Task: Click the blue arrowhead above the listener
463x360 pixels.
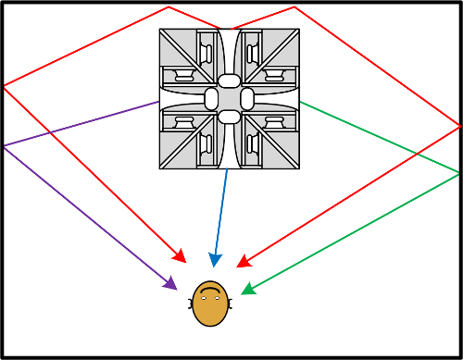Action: tap(214, 259)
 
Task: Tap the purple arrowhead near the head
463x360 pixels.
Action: tap(170, 283)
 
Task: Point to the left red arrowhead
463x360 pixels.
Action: tap(181, 256)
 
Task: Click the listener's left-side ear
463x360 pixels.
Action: tap(192, 303)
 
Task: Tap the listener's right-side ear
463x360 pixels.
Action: tap(229, 303)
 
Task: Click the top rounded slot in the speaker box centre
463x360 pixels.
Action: tap(229, 81)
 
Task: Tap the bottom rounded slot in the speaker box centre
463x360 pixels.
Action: tap(229, 116)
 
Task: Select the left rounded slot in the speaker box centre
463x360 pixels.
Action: tap(211, 99)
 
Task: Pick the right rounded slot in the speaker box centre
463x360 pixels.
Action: tap(246, 99)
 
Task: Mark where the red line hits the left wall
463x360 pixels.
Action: tap(4, 87)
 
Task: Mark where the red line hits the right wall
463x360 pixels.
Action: tap(459, 124)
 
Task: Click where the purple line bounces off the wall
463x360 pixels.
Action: tap(4, 146)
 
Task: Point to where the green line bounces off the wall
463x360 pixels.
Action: tap(459, 173)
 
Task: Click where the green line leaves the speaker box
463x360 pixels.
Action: tap(299, 102)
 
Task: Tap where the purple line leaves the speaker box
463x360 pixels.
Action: tap(159, 102)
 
